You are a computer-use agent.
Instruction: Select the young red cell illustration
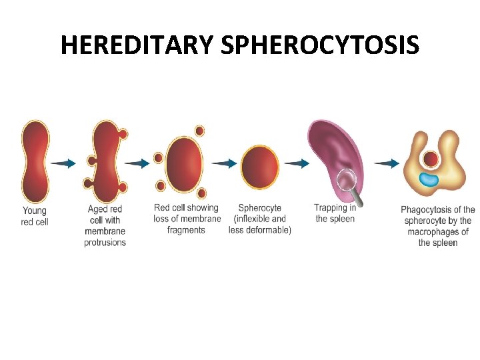click(35, 162)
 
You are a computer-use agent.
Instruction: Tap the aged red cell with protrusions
click(105, 162)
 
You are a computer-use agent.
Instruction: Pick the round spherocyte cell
click(260, 167)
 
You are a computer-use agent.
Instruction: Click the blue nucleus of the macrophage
click(429, 179)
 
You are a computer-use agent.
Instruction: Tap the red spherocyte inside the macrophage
click(431, 160)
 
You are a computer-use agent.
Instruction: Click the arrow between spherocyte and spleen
click(295, 163)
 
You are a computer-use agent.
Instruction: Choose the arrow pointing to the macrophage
click(387, 163)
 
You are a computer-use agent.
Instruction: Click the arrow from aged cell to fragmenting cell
click(137, 163)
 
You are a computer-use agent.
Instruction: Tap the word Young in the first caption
click(35, 211)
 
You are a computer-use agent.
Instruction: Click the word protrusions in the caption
click(105, 243)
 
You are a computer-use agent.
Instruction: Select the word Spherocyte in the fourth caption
click(259, 208)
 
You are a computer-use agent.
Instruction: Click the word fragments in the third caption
click(186, 230)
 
